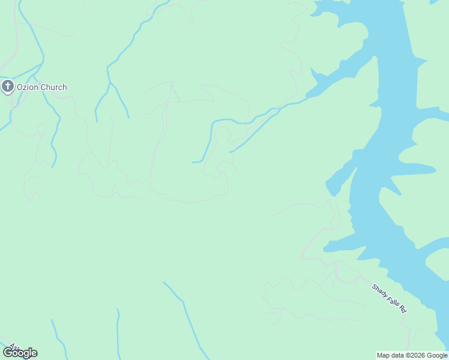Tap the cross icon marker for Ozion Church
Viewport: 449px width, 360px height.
[x=8, y=87]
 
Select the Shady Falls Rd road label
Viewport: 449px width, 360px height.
[x=390, y=298]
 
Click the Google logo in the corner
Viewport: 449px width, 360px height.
[x=20, y=353]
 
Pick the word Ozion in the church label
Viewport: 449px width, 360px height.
[x=27, y=88]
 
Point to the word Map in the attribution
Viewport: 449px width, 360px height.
[x=384, y=355]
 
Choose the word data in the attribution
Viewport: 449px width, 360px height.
[x=397, y=355]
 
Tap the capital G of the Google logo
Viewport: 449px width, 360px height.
[x=8, y=353]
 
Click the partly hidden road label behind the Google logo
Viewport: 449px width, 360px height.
[x=12, y=346]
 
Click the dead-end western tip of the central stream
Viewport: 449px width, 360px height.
[x=193, y=162]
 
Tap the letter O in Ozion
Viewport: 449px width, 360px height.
[x=20, y=88]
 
